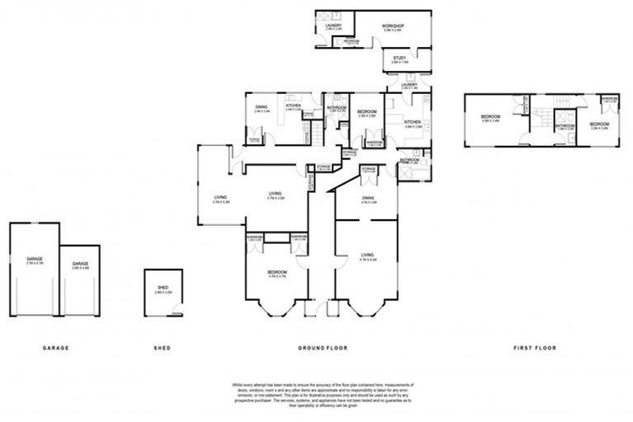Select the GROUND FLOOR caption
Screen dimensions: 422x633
click(x=322, y=348)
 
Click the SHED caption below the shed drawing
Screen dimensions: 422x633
click(x=162, y=348)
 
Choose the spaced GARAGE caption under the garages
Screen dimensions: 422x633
click(x=55, y=348)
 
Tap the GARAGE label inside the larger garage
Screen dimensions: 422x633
click(x=34, y=259)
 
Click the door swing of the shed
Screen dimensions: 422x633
click(x=176, y=311)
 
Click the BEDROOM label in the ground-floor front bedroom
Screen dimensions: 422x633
click(x=276, y=272)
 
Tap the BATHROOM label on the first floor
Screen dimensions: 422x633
click(x=564, y=125)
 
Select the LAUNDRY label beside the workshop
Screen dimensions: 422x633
click(x=334, y=26)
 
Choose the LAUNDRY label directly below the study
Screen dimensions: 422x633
click(x=409, y=84)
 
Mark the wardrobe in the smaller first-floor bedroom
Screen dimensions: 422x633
click(x=609, y=100)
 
